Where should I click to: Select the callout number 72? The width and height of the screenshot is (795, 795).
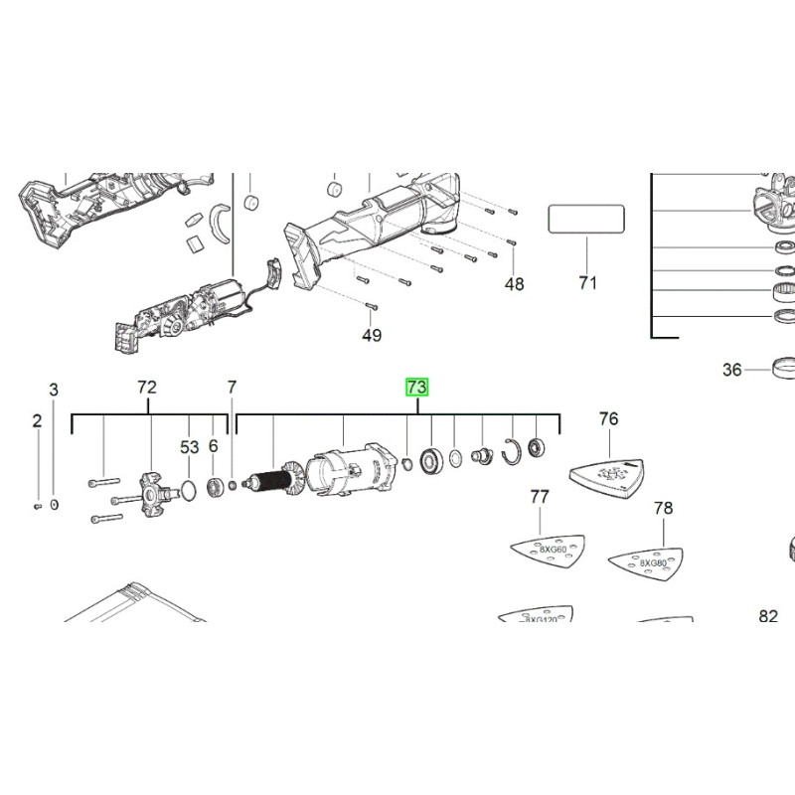coord(147,388)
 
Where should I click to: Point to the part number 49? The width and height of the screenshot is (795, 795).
coord(372,335)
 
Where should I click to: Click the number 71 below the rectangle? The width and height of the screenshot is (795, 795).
coord(587,283)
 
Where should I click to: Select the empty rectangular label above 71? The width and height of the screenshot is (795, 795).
coord(586,219)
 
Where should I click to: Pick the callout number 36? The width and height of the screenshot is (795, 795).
coord(732,370)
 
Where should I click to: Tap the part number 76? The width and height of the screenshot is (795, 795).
coord(608,418)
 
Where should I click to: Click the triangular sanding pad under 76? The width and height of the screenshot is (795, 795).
coord(609,472)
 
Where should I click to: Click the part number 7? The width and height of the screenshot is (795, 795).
coord(232,388)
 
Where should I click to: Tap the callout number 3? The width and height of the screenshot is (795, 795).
coord(55,390)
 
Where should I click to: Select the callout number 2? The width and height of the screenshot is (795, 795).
coord(37,420)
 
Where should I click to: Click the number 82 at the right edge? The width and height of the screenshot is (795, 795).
coord(768,616)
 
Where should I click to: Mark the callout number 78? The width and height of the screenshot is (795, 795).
coord(663,509)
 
